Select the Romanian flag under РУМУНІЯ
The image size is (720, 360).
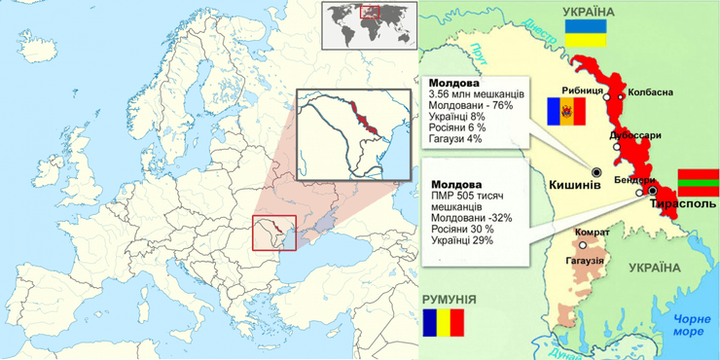[x=443, y=322]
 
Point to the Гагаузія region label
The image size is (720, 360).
[x=585, y=261]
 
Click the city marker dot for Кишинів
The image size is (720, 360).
[x=596, y=171]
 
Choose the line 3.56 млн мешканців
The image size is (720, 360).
[x=477, y=94]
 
